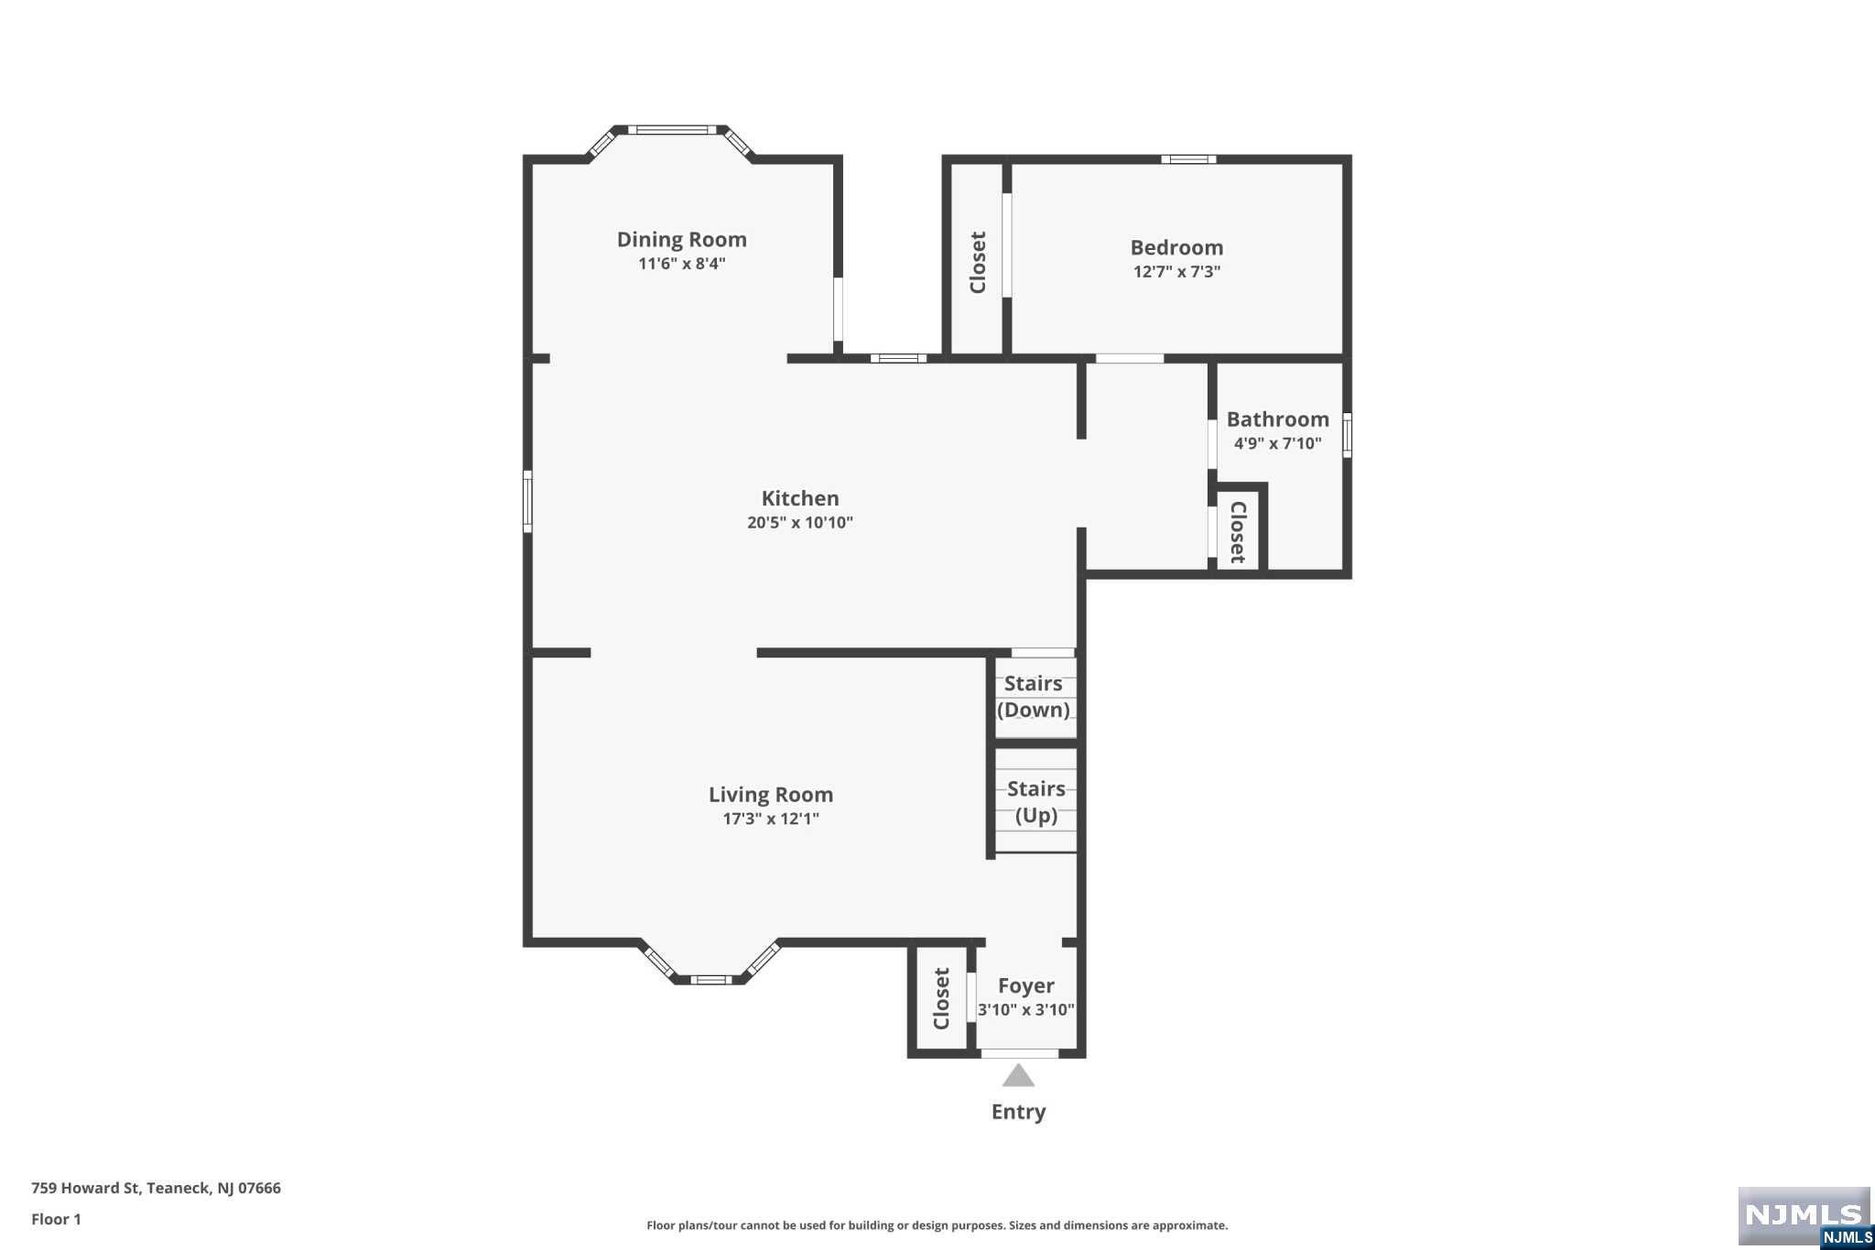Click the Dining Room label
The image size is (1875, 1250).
click(681, 240)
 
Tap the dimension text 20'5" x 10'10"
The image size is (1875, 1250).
click(800, 523)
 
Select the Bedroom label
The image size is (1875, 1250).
click(1176, 247)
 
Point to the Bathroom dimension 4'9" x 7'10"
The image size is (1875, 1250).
click(1277, 444)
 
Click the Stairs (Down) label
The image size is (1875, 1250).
click(1034, 697)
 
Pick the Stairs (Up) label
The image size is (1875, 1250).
click(1036, 802)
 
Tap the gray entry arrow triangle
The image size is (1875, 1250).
click(1018, 1075)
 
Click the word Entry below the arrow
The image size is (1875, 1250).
click(1018, 1112)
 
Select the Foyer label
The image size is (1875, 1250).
click(1025, 986)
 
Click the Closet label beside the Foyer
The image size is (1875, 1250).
click(941, 998)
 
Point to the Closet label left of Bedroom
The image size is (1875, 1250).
click(978, 263)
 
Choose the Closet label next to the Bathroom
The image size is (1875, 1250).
click(1238, 531)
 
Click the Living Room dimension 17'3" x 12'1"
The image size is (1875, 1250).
click(771, 819)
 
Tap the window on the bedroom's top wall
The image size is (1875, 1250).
click(1188, 159)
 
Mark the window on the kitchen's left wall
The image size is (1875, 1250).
click(527, 501)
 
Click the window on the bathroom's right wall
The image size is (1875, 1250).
click(1347, 435)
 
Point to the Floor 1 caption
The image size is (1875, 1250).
click(56, 1219)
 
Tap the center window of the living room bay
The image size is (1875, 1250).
click(711, 980)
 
